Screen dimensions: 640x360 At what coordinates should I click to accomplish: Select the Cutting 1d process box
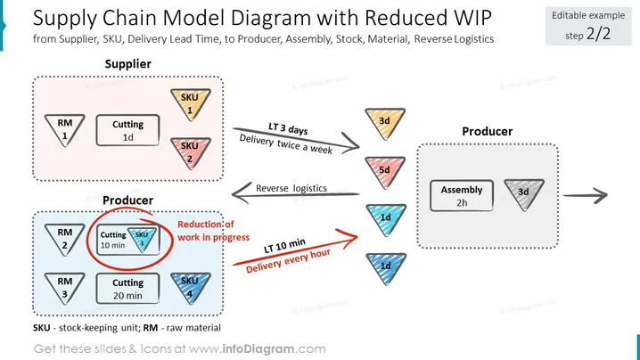pyautogui.click(x=127, y=130)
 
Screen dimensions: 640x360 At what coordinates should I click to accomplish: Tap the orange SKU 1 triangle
pyautogui.click(x=190, y=103)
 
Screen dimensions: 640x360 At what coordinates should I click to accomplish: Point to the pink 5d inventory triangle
pyautogui.click(x=385, y=171)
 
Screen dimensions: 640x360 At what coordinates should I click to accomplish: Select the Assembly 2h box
pyautogui.click(x=462, y=195)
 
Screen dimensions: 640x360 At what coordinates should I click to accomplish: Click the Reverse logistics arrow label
pyautogui.click(x=291, y=188)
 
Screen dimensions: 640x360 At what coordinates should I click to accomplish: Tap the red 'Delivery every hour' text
pyautogui.click(x=288, y=260)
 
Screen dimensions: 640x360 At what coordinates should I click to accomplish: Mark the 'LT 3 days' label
pyautogui.click(x=288, y=128)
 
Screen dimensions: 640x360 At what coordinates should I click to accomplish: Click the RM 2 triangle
pyautogui.click(x=64, y=239)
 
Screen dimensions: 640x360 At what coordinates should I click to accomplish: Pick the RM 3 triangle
pyautogui.click(x=64, y=287)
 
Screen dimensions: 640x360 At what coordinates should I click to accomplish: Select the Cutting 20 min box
pyautogui.click(x=127, y=289)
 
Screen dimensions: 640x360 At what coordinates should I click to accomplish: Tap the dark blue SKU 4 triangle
pyautogui.click(x=190, y=287)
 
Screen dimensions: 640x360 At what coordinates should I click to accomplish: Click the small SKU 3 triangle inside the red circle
pyautogui.click(x=142, y=239)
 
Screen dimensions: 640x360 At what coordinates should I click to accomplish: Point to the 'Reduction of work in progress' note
pyautogui.click(x=213, y=231)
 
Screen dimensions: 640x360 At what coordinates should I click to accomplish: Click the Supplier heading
pyautogui.click(x=127, y=63)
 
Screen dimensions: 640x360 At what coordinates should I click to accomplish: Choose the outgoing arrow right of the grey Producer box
pyautogui.click(x=586, y=195)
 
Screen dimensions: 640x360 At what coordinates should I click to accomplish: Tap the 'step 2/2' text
pyautogui.click(x=588, y=34)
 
